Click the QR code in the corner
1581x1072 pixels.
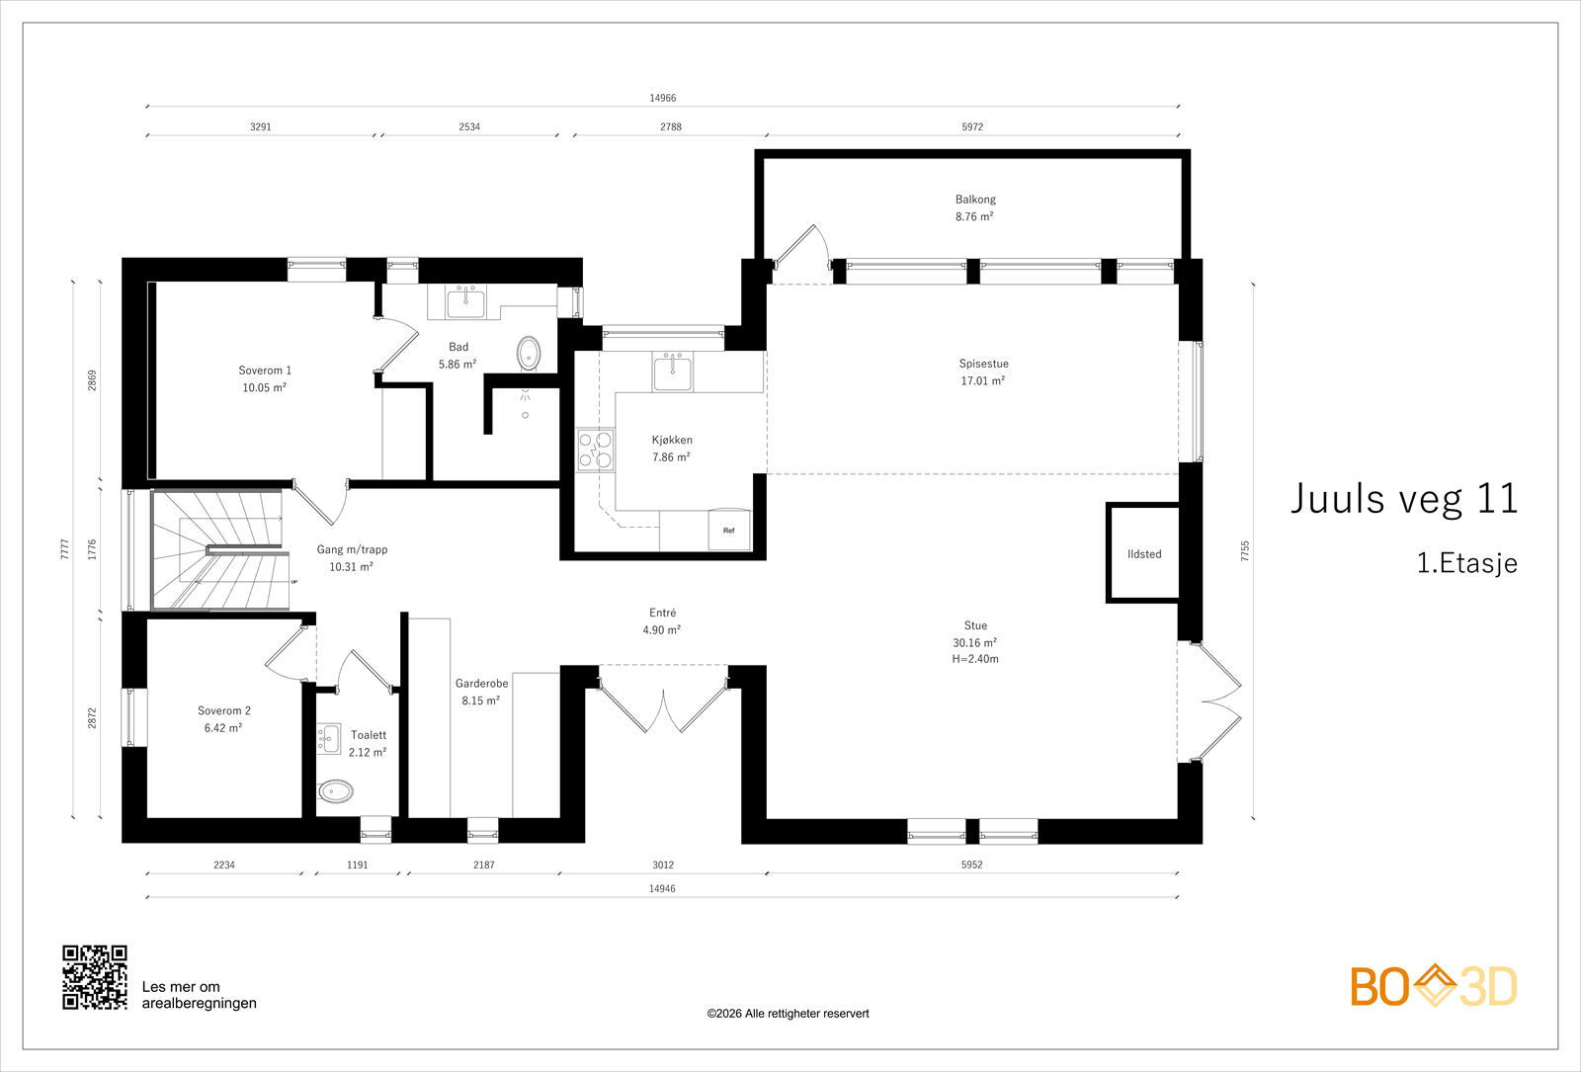[95, 977]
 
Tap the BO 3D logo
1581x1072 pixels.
[1434, 986]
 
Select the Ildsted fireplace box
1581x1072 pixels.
[1143, 552]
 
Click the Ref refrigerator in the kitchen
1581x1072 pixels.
[729, 530]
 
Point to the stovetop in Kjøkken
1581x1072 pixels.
[595, 451]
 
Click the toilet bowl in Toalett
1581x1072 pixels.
[335, 791]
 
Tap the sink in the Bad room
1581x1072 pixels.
[465, 302]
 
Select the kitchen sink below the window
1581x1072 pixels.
[672, 371]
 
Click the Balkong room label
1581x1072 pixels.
[974, 200]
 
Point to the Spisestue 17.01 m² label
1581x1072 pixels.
[983, 371]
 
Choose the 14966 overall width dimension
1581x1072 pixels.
[663, 98]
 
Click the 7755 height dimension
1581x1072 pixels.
[1245, 551]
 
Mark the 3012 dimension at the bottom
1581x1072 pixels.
[663, 865]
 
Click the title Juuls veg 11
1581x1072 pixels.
[1404, 499]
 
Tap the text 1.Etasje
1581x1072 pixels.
[1466, 563]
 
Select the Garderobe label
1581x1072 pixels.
[481, 683]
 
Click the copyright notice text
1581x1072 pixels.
[788, 1014]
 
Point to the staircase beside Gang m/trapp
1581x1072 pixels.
[220, 549]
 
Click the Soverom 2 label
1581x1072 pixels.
[223, 710]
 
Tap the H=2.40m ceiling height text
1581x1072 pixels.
[974, 659]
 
